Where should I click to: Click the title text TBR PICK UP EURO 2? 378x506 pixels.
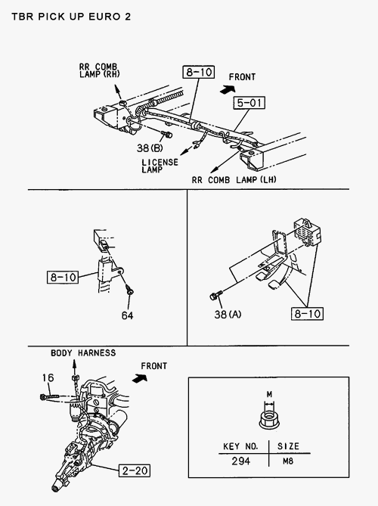[x=71, y=17]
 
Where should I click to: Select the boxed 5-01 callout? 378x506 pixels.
[x=249, y=103]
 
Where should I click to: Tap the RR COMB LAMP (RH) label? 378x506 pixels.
[x=99, y=70]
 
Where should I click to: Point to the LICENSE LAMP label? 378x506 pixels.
[x=160, y=166]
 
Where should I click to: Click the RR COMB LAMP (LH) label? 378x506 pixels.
[x=234, y=180]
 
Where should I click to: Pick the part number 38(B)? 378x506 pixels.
[x=150, y=147]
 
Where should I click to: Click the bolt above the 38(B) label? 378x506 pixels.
[x=166, y=134]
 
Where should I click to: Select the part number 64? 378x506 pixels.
[x=128, y=315]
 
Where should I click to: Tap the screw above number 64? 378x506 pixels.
[x=130, y=290]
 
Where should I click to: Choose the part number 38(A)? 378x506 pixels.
[x=228, y=314]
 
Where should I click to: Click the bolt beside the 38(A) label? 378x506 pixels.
[x=216, y=295]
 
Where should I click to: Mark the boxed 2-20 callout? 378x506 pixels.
[x=135, y=470]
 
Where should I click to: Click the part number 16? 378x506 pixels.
[x=48, y=377]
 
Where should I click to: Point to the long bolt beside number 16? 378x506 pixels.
[x=49, y=396]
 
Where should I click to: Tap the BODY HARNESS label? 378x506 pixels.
[x=83, y=352]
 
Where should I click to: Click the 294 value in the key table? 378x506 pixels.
[x=241, y=461]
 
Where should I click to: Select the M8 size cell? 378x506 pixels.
[x=288, y=461]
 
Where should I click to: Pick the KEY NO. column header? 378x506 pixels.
[x=240, y=446]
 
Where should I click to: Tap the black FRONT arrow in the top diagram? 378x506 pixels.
[x=228, y=89]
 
